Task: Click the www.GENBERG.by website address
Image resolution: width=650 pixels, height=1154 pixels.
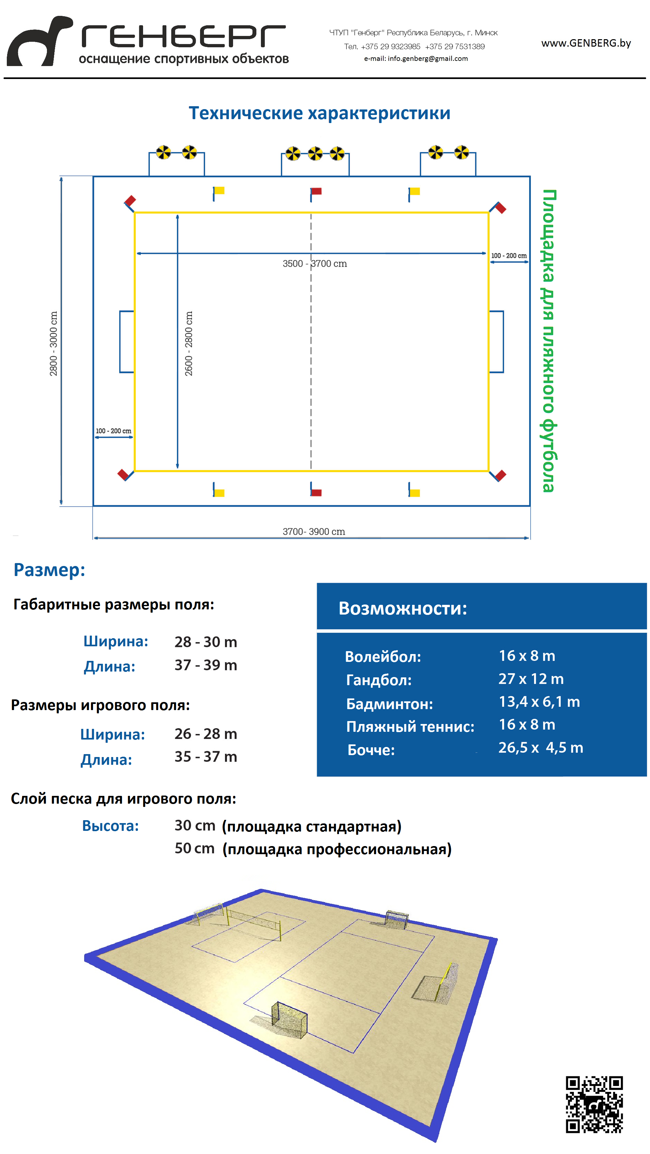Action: (x=586, y=43)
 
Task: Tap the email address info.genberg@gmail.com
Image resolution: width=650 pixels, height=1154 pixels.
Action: (x=416, y=58)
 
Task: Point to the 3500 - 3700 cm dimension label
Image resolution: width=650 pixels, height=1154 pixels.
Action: (x=314, y=264)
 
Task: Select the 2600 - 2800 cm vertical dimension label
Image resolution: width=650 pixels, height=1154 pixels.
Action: (x=189, y=343)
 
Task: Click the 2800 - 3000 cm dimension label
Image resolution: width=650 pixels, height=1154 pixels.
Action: (x=53, y=343)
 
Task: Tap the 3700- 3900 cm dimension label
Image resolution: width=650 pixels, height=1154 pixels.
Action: (x=314, y=531)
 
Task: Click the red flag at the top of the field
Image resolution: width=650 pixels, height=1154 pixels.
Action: (x=316, y=192)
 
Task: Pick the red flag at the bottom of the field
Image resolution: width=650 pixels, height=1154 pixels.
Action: (x=316, y=492)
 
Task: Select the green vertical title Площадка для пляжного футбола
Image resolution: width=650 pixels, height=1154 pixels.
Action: (x=548, y=340)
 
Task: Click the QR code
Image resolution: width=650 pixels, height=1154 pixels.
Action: (x=594, y=1104)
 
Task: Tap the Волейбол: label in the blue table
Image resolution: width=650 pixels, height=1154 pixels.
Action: (x=383, y=656)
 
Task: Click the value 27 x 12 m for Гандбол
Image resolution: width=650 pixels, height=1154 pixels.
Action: (x=531, y=679)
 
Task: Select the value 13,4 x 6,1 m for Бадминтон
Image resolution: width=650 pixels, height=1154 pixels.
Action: (x=539, y=702)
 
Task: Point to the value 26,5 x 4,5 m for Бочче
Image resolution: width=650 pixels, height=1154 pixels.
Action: (x=540, y=747)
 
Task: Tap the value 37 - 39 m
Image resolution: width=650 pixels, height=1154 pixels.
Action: (x=206, y=665)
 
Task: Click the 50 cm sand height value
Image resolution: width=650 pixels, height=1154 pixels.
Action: (x=195, y=848)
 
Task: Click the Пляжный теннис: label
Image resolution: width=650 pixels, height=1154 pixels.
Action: (x=410, y=726)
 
